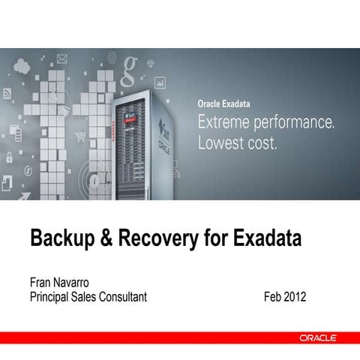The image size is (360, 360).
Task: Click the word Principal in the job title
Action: coord(52,298)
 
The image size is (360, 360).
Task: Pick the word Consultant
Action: coord(120,298)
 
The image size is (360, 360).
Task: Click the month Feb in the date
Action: coord(273,298)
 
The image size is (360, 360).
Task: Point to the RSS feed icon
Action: coord(7,93)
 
